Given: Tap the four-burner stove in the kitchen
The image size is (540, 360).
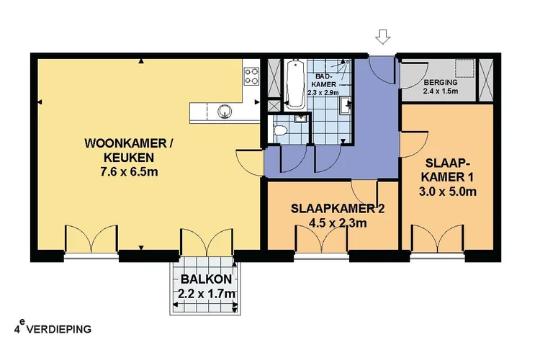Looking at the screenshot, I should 252,75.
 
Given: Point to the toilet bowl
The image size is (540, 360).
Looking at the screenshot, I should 282,130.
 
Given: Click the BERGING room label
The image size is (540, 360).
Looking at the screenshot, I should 439,81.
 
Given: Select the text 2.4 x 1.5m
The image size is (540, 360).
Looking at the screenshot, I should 439,91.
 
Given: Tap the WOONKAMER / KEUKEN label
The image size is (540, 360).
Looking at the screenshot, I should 130,150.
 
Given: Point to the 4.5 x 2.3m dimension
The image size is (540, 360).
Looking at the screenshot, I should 333,223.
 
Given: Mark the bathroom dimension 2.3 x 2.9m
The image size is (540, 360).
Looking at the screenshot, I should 323,93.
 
